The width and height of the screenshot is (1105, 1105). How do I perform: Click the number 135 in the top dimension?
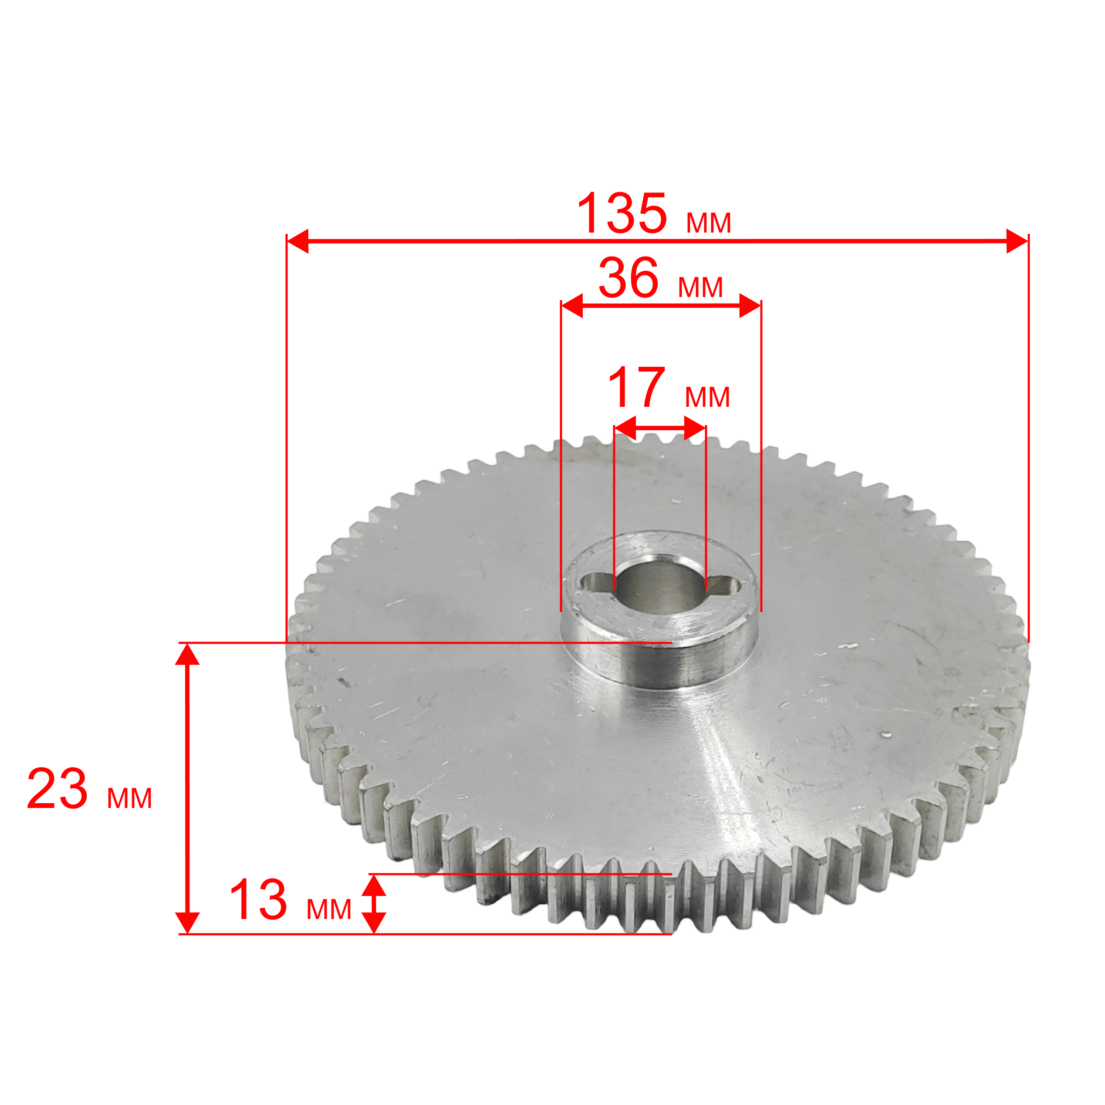click(x=622, y=213)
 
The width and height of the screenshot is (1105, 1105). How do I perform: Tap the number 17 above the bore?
click(x=636, y=387)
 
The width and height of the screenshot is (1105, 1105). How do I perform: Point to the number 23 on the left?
click(x=57, y=790)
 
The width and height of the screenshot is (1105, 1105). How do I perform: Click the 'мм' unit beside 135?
click(x=709, y=223)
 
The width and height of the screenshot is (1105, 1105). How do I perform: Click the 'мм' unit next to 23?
click(x=130, y=798)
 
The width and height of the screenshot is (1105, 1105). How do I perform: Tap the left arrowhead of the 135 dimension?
click(x=297, y=241)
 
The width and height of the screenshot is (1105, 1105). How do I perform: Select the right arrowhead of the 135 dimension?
click(x=1017, y=241)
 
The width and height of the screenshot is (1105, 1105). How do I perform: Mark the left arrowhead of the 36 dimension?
click(x=572, y=306)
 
